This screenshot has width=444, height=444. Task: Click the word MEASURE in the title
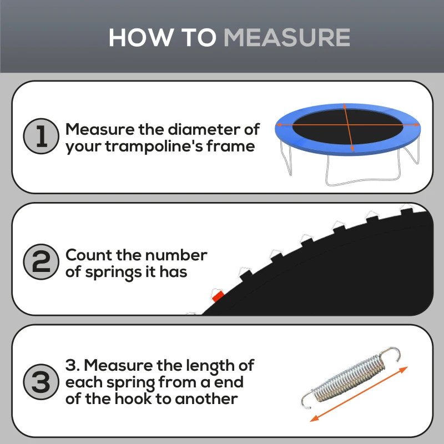pos(286,37)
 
